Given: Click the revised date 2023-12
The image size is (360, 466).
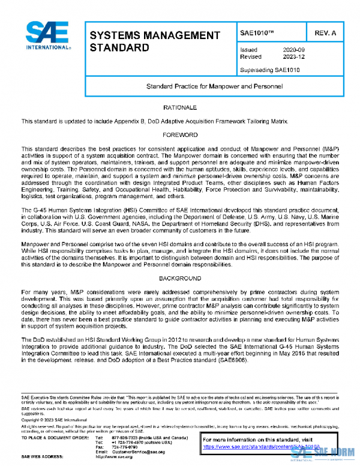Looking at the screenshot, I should [x=293, y=56].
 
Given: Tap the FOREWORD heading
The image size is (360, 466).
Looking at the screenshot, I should [x=180, y=135].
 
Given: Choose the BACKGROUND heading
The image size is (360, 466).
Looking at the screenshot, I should [x=180, y=279].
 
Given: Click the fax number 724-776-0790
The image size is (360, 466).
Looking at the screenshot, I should [x=124, y=447].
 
